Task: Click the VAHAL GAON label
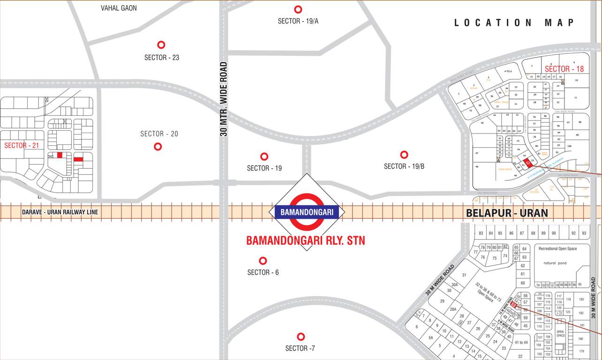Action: (119, 8)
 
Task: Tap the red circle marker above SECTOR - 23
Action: (161, 45)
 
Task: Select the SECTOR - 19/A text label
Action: (298, 21)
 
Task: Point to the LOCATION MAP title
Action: (514, 22)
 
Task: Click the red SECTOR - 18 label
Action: (564, 69)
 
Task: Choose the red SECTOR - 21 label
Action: (22, 145)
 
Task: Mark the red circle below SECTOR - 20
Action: (158, 146)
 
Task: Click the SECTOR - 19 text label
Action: (264, 168)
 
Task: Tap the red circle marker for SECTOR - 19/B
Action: (404, 155)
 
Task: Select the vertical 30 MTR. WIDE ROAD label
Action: (224, 99)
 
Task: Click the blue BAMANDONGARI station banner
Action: (307, 212)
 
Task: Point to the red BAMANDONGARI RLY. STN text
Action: (306, 241)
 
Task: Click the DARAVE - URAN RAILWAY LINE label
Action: (60, 212)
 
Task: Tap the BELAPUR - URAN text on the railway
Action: (507, 213)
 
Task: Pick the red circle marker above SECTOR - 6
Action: (263, 261)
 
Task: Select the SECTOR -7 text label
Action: (300, 348)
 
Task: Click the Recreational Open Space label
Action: (557, 248)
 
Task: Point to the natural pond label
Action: (555, 263)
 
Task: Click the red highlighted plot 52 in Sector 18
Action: (527, 163)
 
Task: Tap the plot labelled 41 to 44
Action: (521, 343)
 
